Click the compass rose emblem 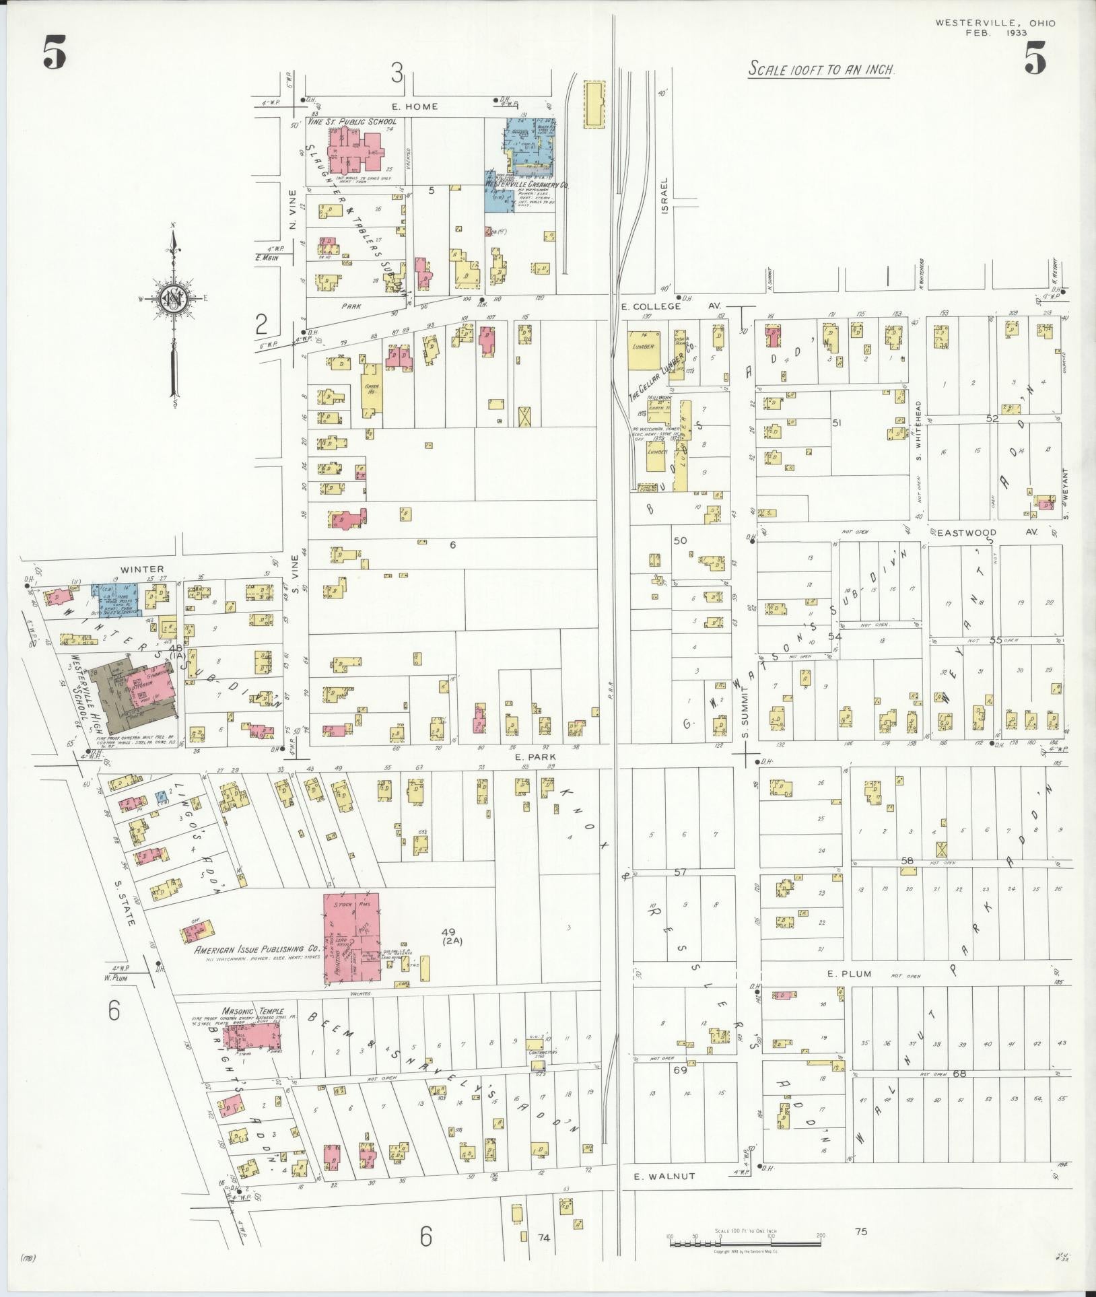click(174, 297)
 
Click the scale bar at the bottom click(745, 1244)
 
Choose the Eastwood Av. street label click(987, 532)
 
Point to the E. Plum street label click(849, 974)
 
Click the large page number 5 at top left click(54, 53)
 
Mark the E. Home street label click(415, 106)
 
